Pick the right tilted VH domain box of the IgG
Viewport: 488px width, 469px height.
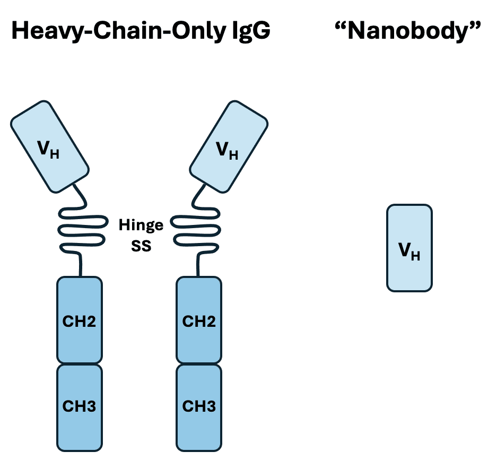click(x=229, y=146)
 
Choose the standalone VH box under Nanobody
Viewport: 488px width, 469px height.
click(x=409, y=248)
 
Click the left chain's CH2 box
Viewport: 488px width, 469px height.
click(x=80, y=320)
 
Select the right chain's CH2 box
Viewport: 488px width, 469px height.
click(x=199, y=320)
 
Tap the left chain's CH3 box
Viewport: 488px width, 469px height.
click(x=80, y=406)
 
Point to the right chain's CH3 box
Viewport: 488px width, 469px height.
click(x=199, y=406)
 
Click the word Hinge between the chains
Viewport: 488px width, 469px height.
click(x=141, y=225)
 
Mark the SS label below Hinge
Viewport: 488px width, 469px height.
click(x=141, y=246)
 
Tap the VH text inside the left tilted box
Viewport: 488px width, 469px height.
click(x=48, y=150)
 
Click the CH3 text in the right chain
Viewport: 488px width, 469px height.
click(x=199, y=406)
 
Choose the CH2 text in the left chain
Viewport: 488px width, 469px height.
click(x=80, y=321)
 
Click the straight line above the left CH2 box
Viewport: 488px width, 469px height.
click(x=81, y=265)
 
